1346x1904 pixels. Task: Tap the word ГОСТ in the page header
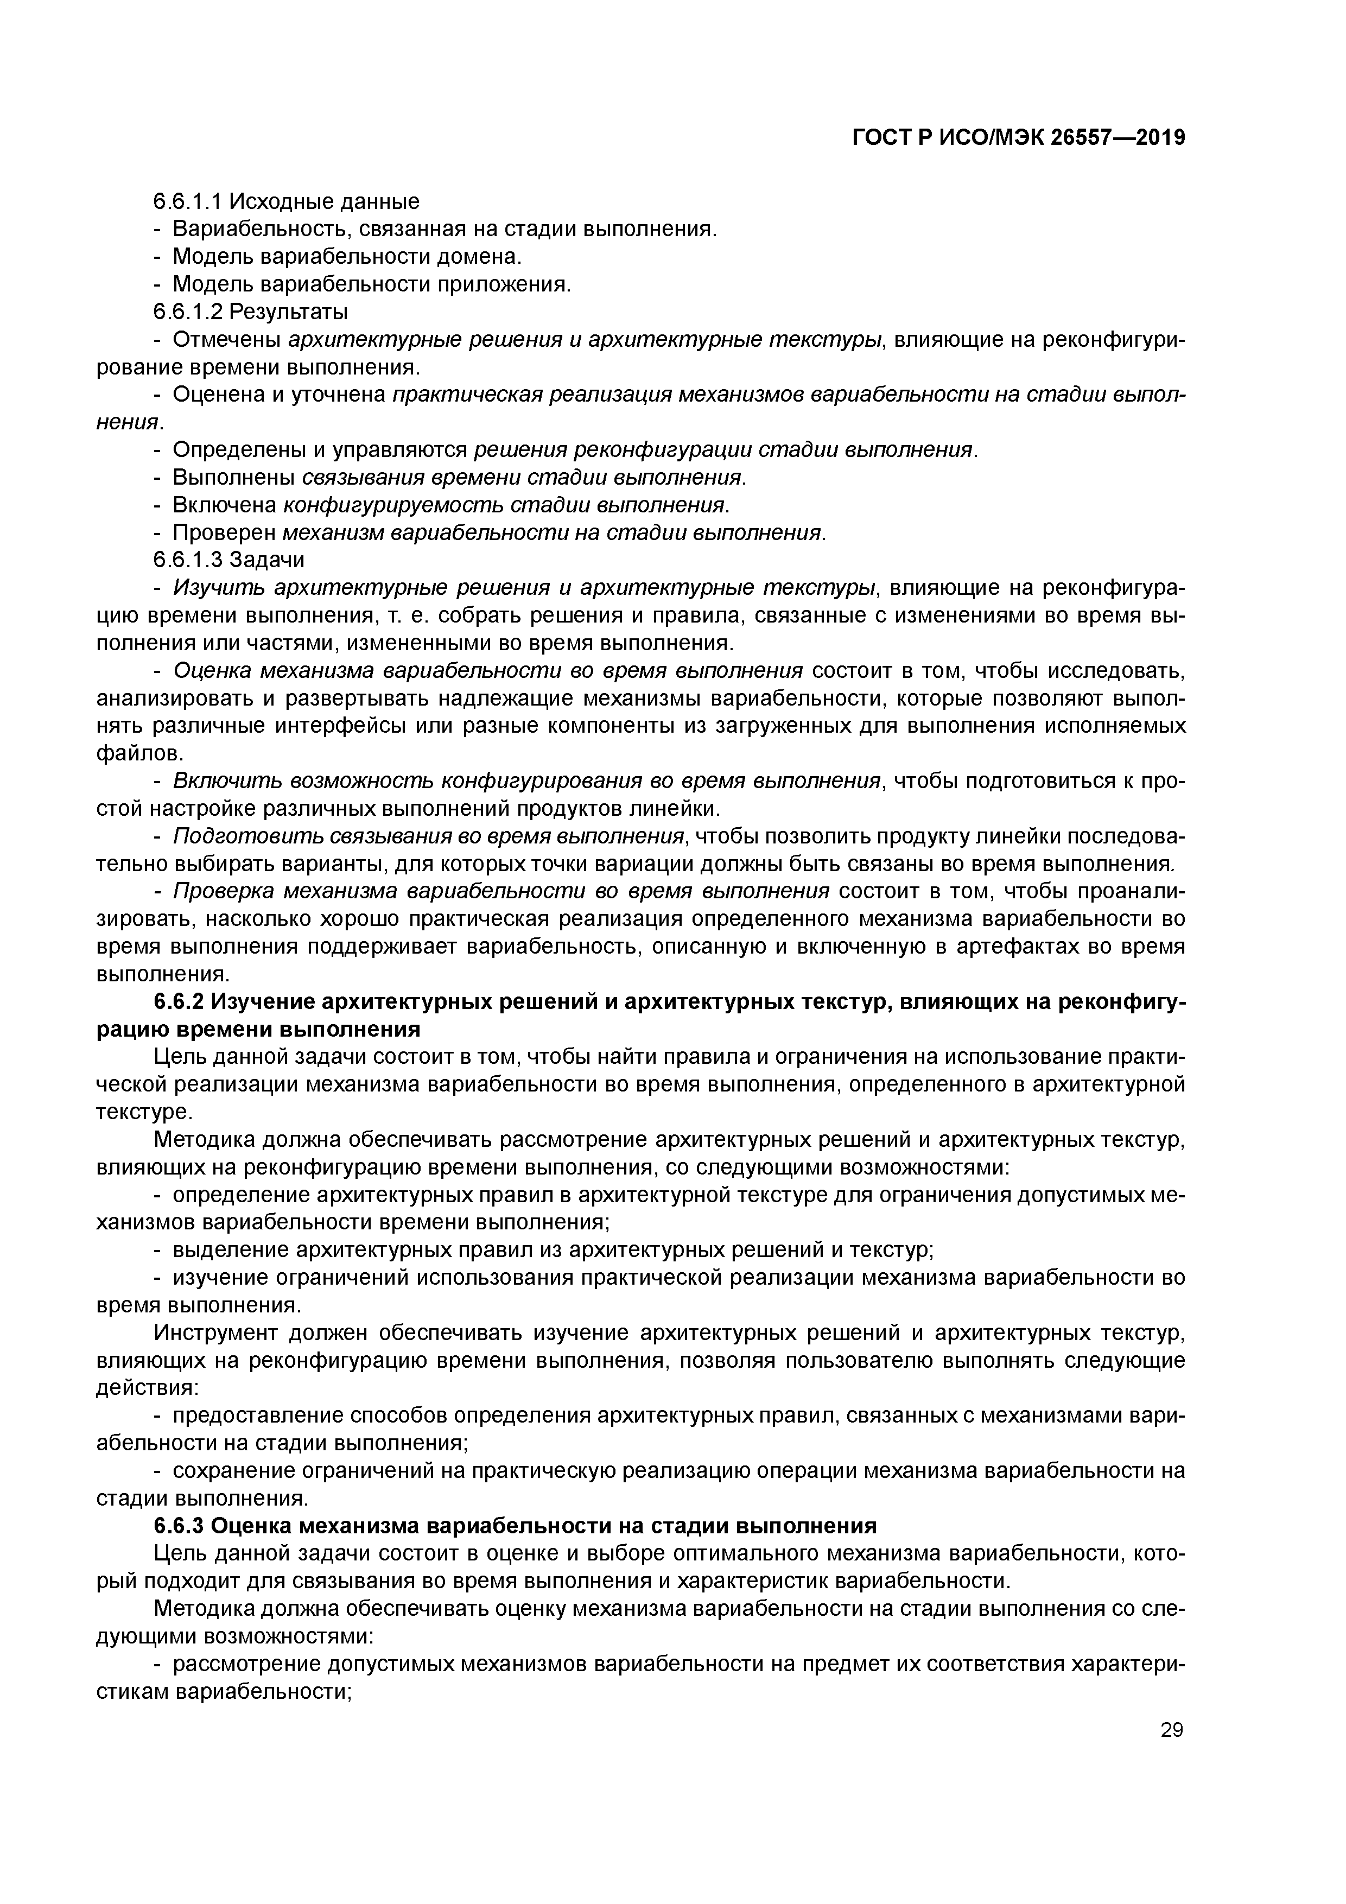click(x=881, y=138)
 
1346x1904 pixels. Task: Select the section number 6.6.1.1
click(x=188, y=201)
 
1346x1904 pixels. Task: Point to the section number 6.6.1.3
click(x=188, y=560)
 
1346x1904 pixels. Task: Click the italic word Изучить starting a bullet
click(x=219, y=588)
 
